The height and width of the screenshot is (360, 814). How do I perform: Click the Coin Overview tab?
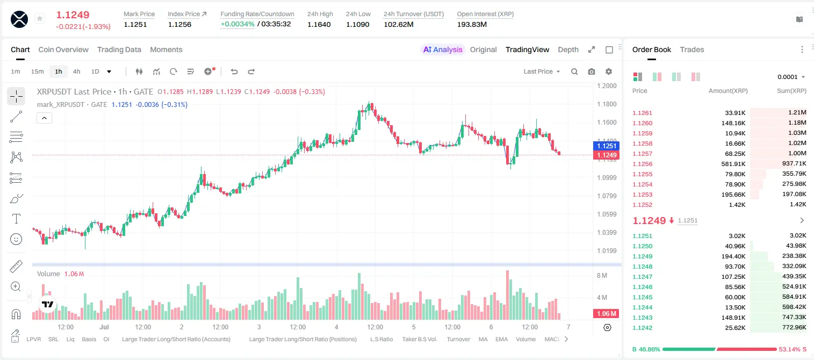(63, 49)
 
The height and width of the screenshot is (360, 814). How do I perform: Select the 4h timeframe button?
(76, 71)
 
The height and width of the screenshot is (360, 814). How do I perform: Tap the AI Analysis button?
(443, 49)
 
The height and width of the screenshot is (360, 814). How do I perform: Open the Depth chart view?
(568, 49)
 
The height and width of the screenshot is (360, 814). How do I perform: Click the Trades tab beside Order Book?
(692, 49)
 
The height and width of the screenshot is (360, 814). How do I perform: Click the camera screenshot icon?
(592, 71)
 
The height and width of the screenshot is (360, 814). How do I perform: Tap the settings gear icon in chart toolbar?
(609, 71)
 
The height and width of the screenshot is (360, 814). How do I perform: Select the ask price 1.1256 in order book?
(643, 164)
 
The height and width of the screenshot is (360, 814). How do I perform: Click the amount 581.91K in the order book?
(733, 164)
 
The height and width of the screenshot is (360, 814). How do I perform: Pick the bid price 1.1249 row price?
(643, 256)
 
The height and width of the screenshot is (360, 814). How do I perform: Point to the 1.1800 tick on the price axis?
(607, 104)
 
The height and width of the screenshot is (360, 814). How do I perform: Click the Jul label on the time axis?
(104, 327)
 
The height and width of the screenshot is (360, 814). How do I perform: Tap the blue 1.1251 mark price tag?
(606, 146)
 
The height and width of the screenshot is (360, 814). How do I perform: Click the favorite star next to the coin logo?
(40, 18)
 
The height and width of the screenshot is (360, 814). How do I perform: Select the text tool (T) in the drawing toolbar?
(16, 219)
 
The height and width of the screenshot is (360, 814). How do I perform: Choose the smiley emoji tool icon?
(16, 239)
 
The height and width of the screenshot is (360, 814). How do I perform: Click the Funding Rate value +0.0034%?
(237, 24)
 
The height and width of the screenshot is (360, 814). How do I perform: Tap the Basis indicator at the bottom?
(89, 339)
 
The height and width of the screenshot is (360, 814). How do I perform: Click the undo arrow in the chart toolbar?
(234, 71)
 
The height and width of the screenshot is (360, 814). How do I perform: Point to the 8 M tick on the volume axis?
(602, 275)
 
